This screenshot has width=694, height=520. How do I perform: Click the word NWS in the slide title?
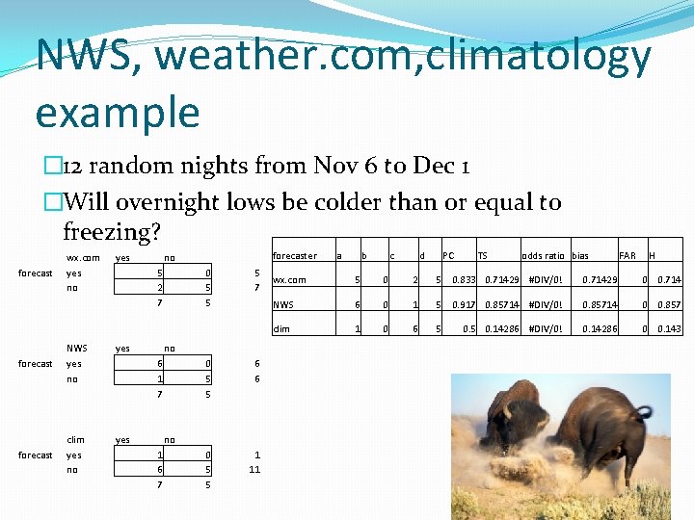(x=84, y=57)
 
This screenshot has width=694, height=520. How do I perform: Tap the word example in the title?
(x=117, y=112)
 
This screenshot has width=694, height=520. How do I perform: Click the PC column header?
(x=448, y=256)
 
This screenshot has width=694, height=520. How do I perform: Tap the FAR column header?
(x=627, y=256)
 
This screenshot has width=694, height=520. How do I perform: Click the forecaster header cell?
(x=295, y=256)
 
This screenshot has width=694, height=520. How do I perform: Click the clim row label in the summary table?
(x=281, y=327)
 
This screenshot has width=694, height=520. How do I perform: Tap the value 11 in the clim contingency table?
(x=254, y=470)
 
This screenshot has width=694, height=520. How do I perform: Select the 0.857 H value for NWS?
(x=668, y=303)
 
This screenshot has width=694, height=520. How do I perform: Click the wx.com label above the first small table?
(x=83, y=258)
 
